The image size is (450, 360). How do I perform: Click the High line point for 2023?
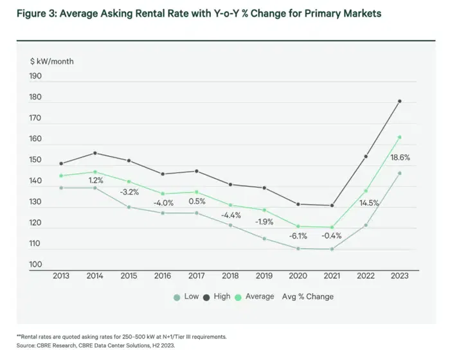pyautogui.click(x=399, y=101)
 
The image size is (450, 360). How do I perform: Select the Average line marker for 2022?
pyautogui.click(x=366, y=191)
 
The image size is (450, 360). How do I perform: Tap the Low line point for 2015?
pyautogui.click(x=129, y=207)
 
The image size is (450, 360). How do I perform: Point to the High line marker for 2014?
pyautogui.click(x=95, y=153)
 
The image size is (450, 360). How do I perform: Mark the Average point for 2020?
pyautogui.click(x=298, y=226)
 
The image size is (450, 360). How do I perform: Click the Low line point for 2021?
pyautogui.click(x=332, y=249)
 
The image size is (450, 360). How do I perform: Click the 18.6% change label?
pyautogui.click(x=400, y=157)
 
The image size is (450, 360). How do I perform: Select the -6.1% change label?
pyautogui.click(x=298, y=236)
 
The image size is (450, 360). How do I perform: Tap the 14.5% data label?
pyautogui.click(x=369, y=203)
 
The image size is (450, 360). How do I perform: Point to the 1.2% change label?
pyautogui.click(x=96, y=180)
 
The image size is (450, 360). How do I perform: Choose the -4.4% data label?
pyautogui.click(x=231, y=215)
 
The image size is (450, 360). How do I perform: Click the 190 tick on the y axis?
pyautogui.click(x=35, y=76)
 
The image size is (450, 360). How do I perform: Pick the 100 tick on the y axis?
pyautogui.click(x=35, y=264)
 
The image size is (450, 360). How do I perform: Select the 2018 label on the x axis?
pyautogui.click(x=230, y=276)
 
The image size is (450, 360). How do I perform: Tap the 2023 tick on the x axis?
pyautogui.click(x=399, y=276)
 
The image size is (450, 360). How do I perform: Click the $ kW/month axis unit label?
pyautogui.click(x=52, y=62)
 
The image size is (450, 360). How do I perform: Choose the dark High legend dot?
pyautogui.click(x=206, y=298)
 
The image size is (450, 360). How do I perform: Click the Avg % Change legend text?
pyautogui.click(x=308, y=296)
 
